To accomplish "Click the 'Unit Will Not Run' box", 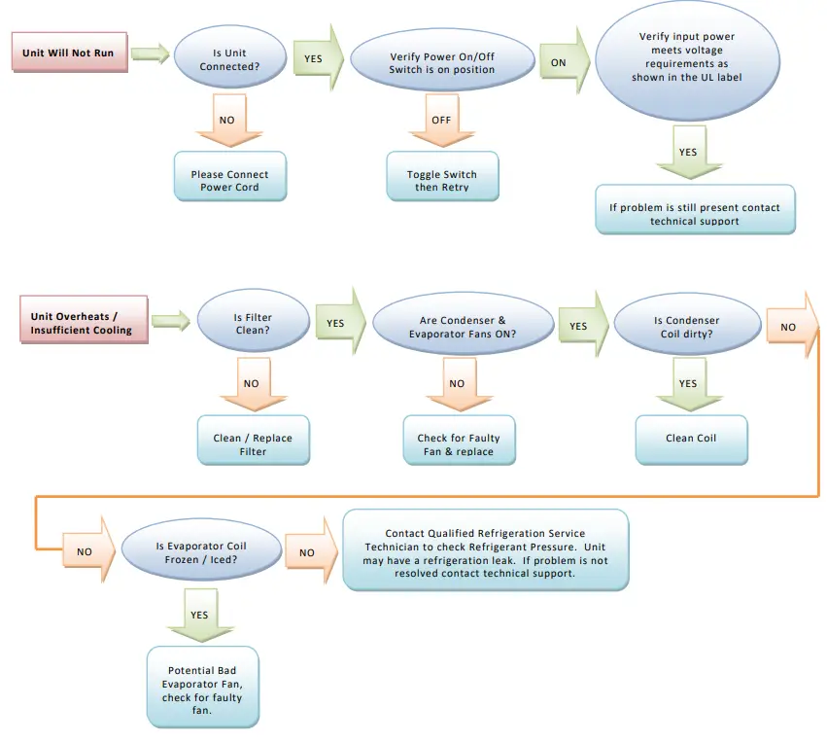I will pyautogui.click(x=69, y=53).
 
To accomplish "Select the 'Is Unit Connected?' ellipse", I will pyautogui.click(x=229, y=59).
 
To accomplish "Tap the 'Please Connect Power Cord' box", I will pyautogui.click(x=229, y=180).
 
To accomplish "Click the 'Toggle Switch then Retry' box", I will pyautogui.click(x=442, y=180).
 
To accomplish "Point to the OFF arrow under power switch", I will pyautogui.click(x=442, y=121).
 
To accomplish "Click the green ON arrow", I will pyautogui.click(x=561, y=61).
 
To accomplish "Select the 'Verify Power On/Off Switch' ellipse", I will pyautogui.click(x=442, y=62).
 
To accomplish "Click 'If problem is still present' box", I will pyautogui.click(x=694, y=214).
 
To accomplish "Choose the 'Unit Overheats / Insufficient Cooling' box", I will pyautogui.click(x=82, y=322).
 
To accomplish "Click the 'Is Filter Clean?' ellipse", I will pyautogui.click(x=252, y=324).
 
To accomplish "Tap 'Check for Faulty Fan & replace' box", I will pyautogui.click(x=458, y=443).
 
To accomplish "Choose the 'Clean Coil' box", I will pyautogui.click(x=691, y=438).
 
